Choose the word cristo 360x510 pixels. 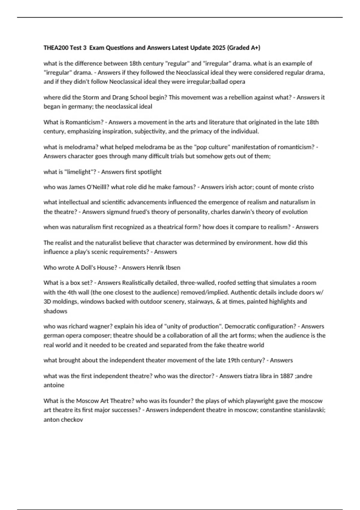click(306, 187)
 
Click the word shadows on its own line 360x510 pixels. click(55, 311)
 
